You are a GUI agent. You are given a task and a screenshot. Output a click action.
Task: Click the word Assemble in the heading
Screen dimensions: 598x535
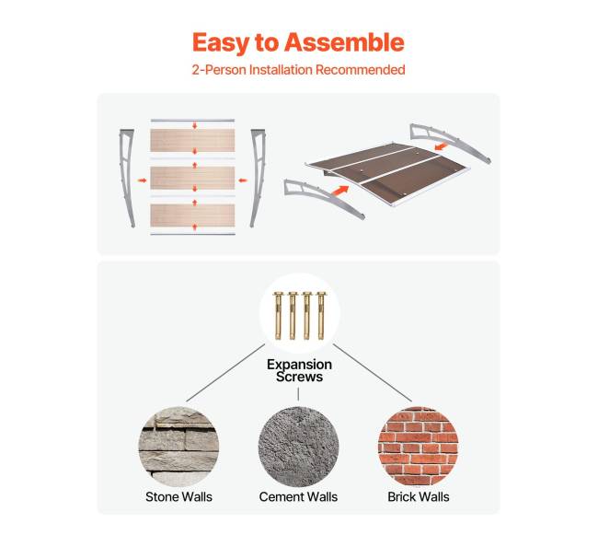pos(344,42)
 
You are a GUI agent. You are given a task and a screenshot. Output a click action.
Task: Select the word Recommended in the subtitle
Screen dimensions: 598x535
pos(360,70)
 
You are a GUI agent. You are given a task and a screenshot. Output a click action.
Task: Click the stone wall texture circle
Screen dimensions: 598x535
pos(178,447)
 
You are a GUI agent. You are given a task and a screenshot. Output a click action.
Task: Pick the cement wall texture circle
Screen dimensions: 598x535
pos(298,447)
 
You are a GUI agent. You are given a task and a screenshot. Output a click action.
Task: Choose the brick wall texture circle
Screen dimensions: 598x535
pos(418,447)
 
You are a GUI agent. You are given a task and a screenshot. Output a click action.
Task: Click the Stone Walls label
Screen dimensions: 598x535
pos(178,497)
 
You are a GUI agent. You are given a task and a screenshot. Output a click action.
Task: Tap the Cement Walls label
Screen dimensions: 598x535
pos(298,497)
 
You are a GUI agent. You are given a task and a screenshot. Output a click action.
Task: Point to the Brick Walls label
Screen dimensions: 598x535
pos(419,497)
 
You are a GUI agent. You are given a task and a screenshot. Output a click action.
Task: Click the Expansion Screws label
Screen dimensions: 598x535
pos(299,370)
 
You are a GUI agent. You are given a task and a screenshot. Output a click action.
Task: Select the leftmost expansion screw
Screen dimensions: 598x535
pos(278,316)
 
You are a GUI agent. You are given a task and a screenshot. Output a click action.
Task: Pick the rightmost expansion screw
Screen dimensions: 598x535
pos(321,316)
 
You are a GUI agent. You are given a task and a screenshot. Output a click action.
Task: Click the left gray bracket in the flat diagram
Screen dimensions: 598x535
pos(127,178)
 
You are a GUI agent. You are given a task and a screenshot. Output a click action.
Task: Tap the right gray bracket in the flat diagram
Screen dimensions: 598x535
pos(259,178)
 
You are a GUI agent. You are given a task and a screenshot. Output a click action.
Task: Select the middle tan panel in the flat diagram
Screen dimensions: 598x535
pos(192,178)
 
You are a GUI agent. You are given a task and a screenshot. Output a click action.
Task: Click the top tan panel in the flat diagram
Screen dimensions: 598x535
pos(192,140)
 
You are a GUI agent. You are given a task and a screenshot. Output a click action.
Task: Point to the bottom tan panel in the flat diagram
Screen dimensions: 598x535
pos(192,215)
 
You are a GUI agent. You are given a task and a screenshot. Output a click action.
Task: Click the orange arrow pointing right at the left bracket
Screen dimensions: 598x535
pos(143,180)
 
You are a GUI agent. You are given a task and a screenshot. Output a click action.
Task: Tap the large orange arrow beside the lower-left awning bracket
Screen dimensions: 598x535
pos(340,191)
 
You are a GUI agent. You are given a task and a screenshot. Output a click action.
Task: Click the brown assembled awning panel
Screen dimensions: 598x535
pos(388,171)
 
